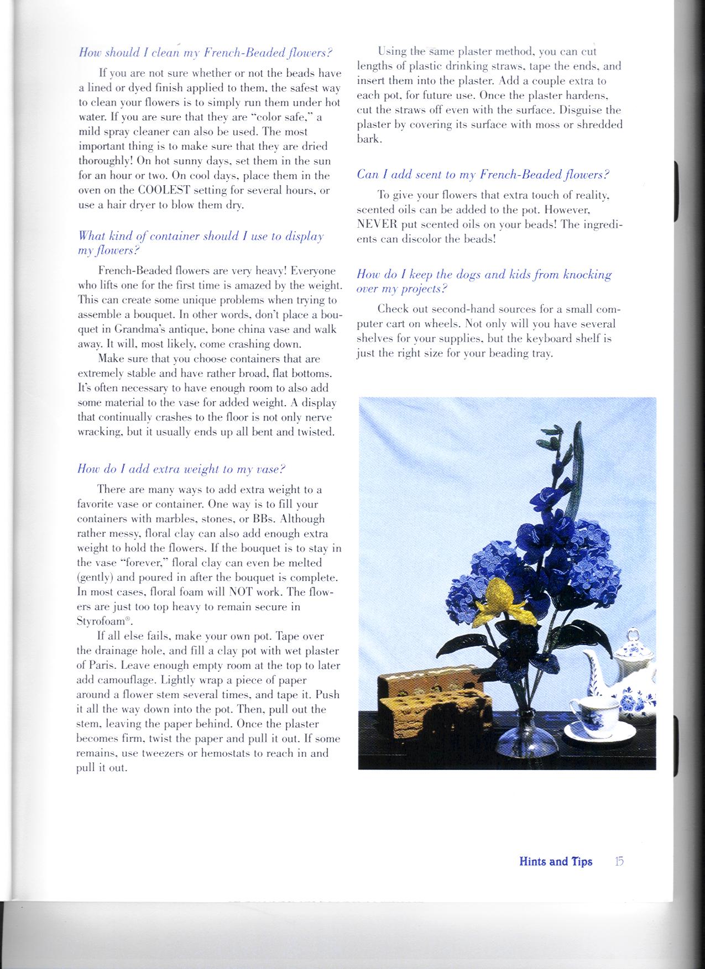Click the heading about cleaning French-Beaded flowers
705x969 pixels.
(x=205, y=53)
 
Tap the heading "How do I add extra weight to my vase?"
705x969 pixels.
(x=181, y=469)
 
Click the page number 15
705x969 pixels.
(x=619, y=861)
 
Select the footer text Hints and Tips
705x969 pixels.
(x=556, y=861)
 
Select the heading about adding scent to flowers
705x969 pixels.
(x=483, y=175)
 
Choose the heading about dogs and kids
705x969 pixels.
(x=484, y=281)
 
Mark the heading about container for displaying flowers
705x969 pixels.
(x=201, y=243)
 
